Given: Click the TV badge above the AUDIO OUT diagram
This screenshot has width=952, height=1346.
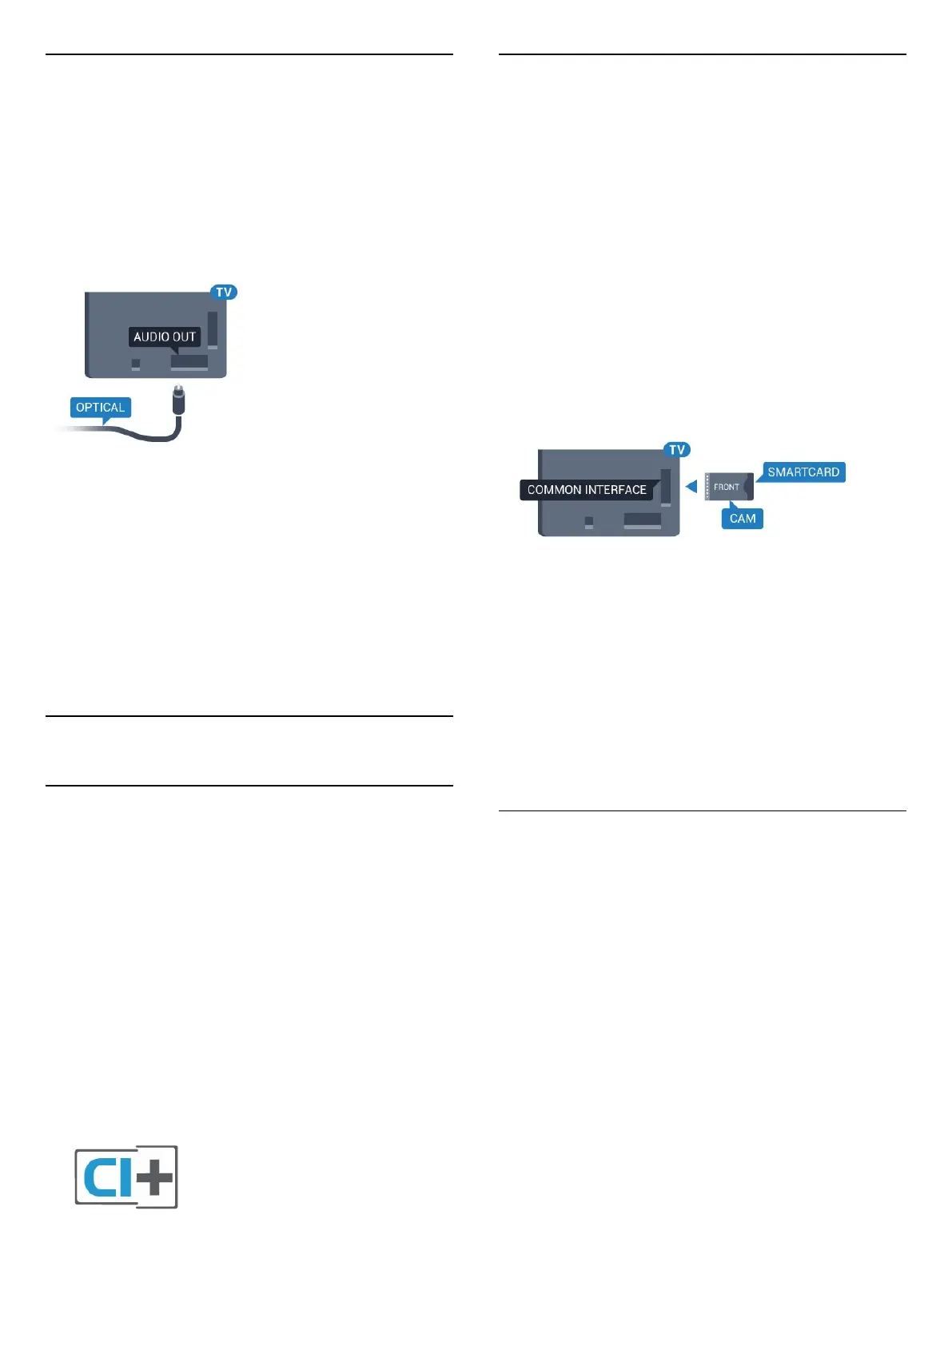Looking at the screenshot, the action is pos(224,293).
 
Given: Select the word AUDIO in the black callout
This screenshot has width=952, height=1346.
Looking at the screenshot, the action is pos(152,337).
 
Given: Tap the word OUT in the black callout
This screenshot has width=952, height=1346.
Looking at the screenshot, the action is pos(185,337).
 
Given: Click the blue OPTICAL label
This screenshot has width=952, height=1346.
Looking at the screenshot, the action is pos(100,408).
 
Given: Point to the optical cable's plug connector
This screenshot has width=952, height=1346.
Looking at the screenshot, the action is pos(178,400).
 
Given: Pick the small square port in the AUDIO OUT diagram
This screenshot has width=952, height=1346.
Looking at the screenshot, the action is pos(136,364).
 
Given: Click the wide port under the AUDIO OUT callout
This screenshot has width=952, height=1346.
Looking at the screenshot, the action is pos(189,362).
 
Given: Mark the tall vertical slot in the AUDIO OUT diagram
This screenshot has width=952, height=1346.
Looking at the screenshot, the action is pos(212,330).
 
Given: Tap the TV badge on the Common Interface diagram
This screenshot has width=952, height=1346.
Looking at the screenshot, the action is pos(677,450).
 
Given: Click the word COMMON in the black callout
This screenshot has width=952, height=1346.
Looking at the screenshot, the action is pos(555,490).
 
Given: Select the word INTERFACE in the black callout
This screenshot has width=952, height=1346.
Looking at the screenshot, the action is pos(616,490).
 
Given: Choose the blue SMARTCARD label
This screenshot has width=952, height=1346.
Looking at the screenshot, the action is pos(803,472).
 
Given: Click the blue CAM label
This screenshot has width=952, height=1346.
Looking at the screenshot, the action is pos(743,519).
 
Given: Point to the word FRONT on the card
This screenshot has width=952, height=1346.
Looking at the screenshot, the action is pos(726,487).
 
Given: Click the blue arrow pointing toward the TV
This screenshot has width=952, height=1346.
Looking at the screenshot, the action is pos(691,486).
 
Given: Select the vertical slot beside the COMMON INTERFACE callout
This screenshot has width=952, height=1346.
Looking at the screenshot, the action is pos(666,487).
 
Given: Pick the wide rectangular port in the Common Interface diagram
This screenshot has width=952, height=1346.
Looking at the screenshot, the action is pos(643,520).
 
